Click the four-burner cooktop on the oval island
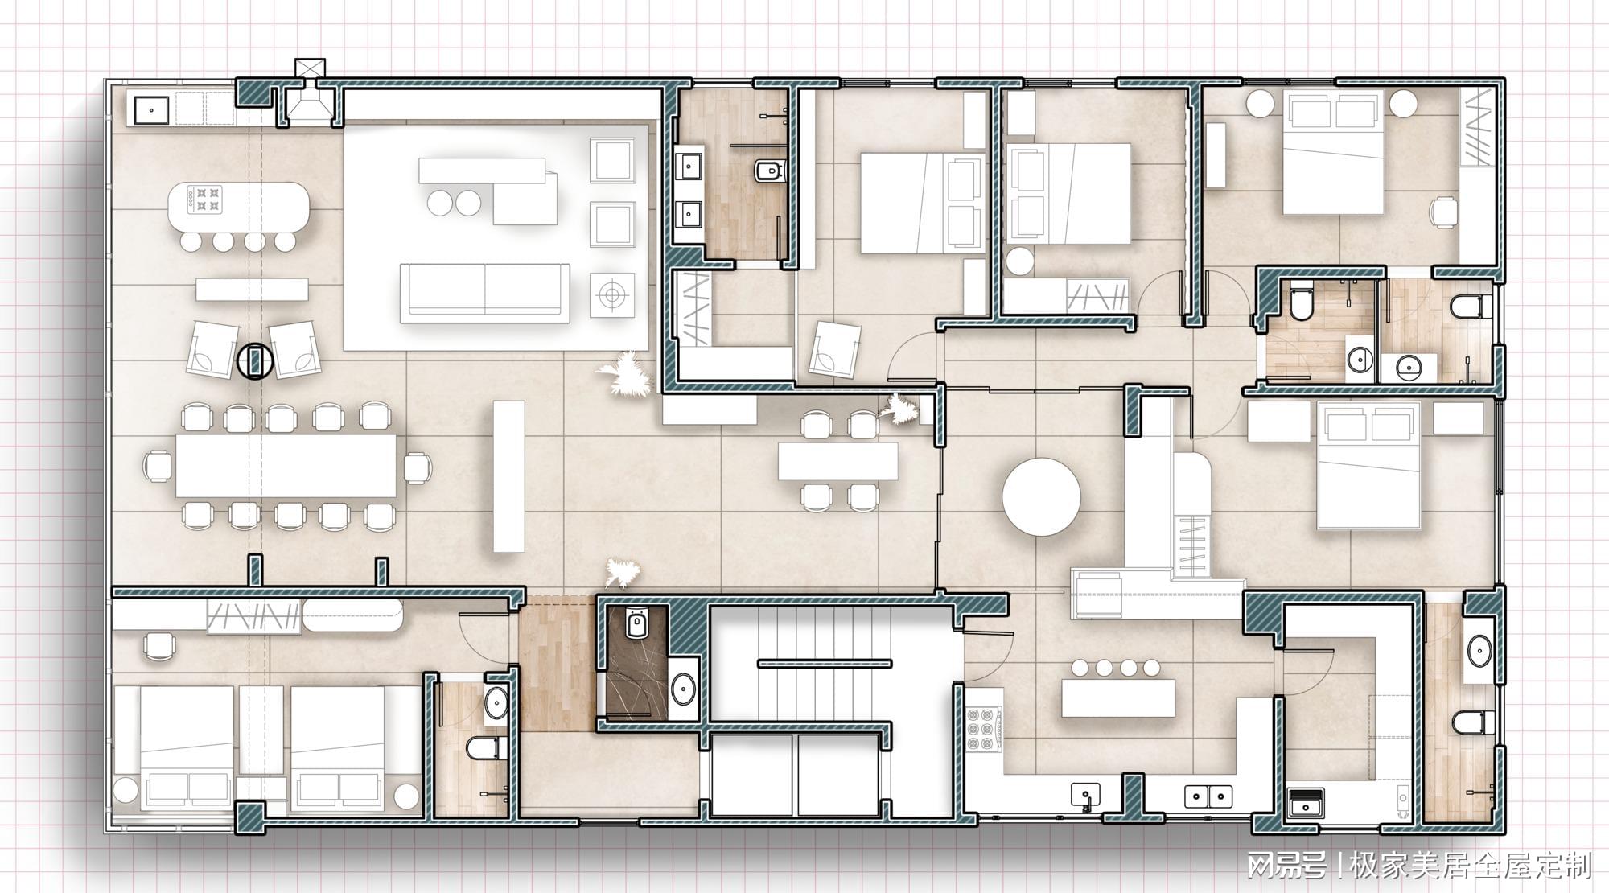pos(204,200)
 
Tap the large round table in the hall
pos(1042,496)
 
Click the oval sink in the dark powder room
pos(684,689)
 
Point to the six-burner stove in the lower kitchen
pos(981,730)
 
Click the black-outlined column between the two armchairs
pos(254,360)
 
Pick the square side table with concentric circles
pos(611,295)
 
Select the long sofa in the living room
pos(485,293)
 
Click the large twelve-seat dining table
pos(286,465)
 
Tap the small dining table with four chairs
pos(837,462)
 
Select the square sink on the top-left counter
pos(150,109)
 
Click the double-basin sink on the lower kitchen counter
pos(1208,796)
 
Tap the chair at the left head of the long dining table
pos(158,466)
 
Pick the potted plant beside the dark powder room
pos(622,573)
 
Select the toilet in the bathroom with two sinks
pos(770,171)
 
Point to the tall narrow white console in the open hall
pos(508,476)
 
